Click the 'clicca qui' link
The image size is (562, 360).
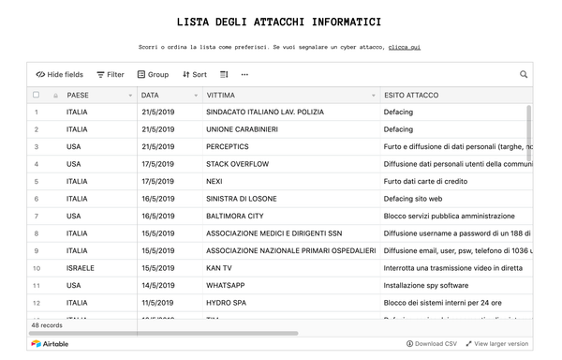(404, 47)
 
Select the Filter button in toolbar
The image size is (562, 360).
(111, 74)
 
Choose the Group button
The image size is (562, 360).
(153, 74)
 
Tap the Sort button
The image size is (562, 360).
(195, 74)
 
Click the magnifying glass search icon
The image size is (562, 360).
(524, 74)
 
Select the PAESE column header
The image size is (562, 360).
(78, 95)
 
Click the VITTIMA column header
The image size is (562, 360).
(221, 95)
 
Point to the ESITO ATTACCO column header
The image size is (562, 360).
(410, 95)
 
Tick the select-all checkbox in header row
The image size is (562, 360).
(36, 95)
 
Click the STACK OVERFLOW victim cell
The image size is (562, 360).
(238, 164)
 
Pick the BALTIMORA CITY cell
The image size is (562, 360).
(235, 216)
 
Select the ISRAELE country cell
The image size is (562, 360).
(81, 267)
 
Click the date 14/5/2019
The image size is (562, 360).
(158, 285)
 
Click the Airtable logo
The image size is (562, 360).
(50, 344)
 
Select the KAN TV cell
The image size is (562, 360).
(220, 267)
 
